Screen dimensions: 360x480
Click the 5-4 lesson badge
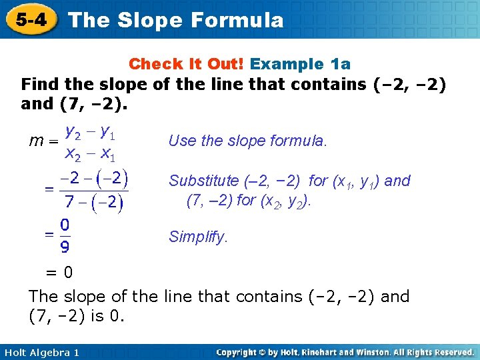point(31,19)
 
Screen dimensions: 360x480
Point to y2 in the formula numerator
point(72,133)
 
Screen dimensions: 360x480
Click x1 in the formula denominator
point(108,155)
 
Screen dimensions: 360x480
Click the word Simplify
point(198,237)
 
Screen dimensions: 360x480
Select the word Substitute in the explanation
point(203,181)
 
